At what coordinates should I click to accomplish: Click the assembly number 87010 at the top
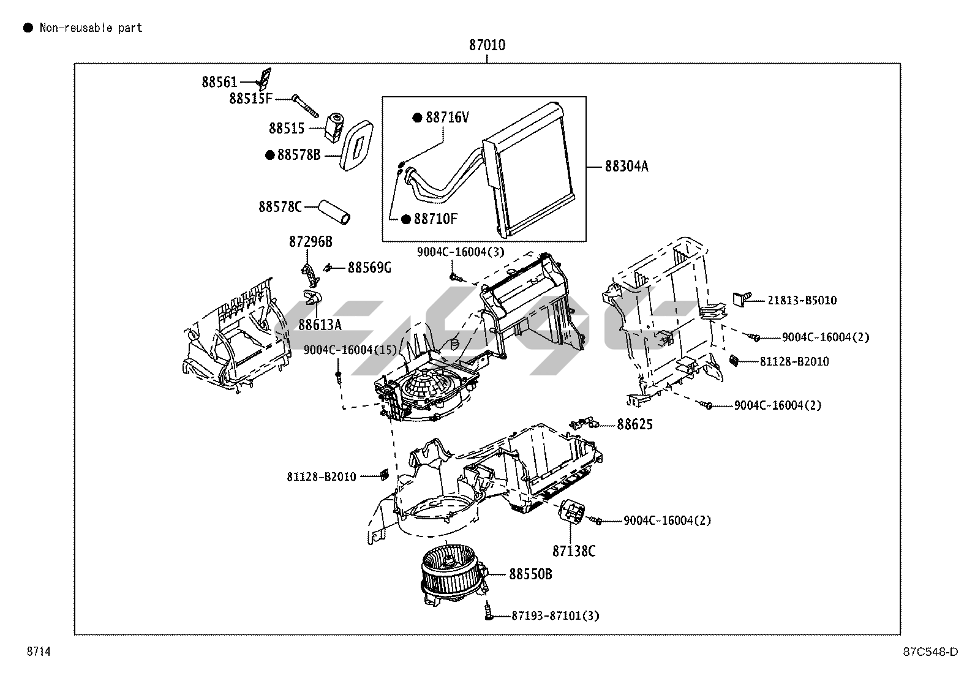click(487, 45)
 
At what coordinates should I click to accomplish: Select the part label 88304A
click(626, 166)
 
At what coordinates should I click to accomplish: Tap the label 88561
click(219, 81)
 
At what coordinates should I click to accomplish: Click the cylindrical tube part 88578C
click(334, 211)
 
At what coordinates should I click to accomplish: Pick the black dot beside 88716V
click(418, 118)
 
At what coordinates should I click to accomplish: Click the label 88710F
click(435, 219)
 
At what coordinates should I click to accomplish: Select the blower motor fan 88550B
click(452, 574)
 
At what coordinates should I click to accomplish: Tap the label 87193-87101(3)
click(555, 615)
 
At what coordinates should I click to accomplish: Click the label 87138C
click(573, 551)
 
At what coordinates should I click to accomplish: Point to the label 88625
click(634, 424)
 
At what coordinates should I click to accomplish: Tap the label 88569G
click(369, 267)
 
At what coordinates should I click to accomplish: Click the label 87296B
click(311, 242)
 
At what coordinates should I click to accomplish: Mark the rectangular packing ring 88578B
click(358, 145)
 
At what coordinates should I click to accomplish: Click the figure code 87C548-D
click(929, 652)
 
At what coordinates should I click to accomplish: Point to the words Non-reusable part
click(91, 28)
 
